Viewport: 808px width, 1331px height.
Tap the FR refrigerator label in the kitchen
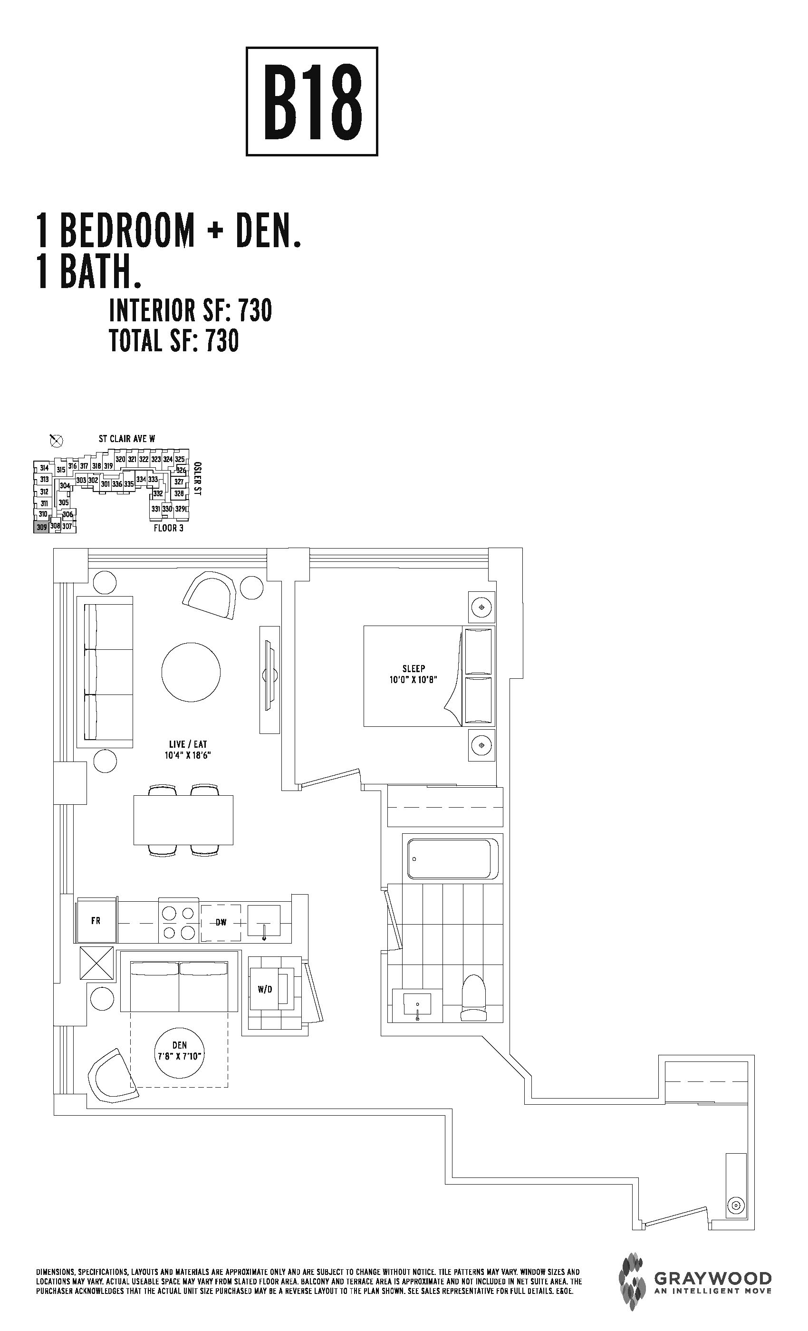[x=96, y=920]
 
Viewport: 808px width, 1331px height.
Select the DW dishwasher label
[x=221, y=922]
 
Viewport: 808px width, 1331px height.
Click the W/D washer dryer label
[x=265, y=989]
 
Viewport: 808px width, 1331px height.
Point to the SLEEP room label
[x=414, y=668]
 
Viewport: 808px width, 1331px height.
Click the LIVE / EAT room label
[x=188, y=744]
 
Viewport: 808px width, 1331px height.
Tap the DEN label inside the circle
[x=179, y=1045]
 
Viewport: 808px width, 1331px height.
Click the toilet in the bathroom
[x=474, y=997]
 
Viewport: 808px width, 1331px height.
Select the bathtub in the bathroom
[x=452, y=859]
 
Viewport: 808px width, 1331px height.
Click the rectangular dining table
[x=183, y=820]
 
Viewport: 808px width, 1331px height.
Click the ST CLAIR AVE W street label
[x=127, y=439]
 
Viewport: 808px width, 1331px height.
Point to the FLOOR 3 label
[x=169, y=528]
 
